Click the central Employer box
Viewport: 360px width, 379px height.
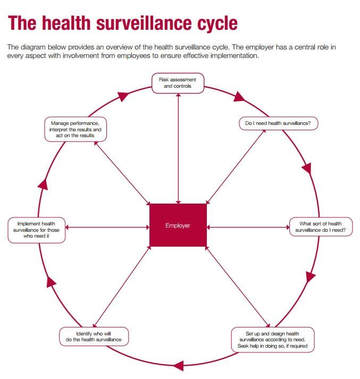pos(178,225)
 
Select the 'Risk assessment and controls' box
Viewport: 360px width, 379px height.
pos(178,83)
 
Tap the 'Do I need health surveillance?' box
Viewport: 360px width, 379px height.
pos(278,123)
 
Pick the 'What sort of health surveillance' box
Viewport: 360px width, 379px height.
pos(321,227)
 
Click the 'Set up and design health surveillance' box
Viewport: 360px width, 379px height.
pos(272,340)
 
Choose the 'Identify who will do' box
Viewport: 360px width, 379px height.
pos(94,336)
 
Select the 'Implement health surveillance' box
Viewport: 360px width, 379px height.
pos(37,230)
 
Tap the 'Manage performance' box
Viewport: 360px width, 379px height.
pos(76,129)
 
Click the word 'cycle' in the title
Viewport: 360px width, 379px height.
pos(217,23)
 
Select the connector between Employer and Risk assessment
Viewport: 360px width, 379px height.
pos(179,149)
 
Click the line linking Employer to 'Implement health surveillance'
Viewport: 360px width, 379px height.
pos(107,227)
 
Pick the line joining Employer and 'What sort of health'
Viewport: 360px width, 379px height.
pos(248,227)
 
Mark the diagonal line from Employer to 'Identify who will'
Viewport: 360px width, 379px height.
pos(122,287)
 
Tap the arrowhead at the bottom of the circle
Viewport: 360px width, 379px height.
pos(179,365)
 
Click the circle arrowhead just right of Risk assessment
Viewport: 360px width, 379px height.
pos(239,97)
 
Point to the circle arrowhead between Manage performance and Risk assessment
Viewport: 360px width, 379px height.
pos(123,96)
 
